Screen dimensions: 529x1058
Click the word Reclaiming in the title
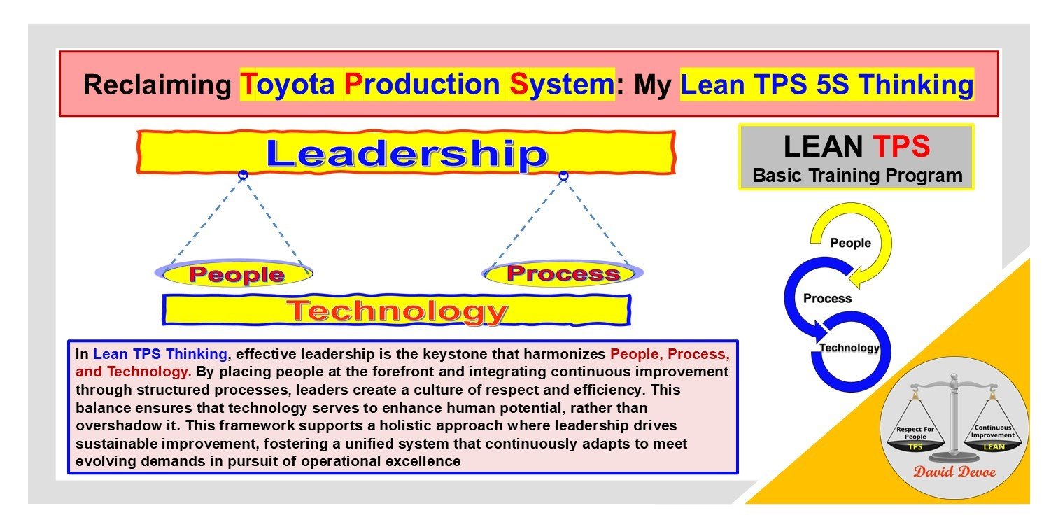coord(157,85)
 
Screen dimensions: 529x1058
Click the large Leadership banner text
coord(406,153)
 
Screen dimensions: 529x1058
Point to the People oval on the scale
coord(235,274)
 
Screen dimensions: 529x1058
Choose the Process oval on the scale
coord(563,272)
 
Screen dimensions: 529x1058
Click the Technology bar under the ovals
coord(397,310)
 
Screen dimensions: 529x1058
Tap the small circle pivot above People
coord(243,174)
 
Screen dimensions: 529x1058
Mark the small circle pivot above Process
coord(563,176)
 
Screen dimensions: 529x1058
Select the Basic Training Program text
coord(857,175)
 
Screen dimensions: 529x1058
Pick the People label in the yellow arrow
coord(850,244)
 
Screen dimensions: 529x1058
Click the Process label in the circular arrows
coord(827,299)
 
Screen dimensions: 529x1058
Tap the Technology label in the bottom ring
coord(849,348)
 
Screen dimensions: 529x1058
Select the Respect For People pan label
coord(915,432)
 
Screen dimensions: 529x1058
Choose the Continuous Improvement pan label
coord(991,432)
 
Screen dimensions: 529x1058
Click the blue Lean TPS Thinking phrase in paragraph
coord(160,354)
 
